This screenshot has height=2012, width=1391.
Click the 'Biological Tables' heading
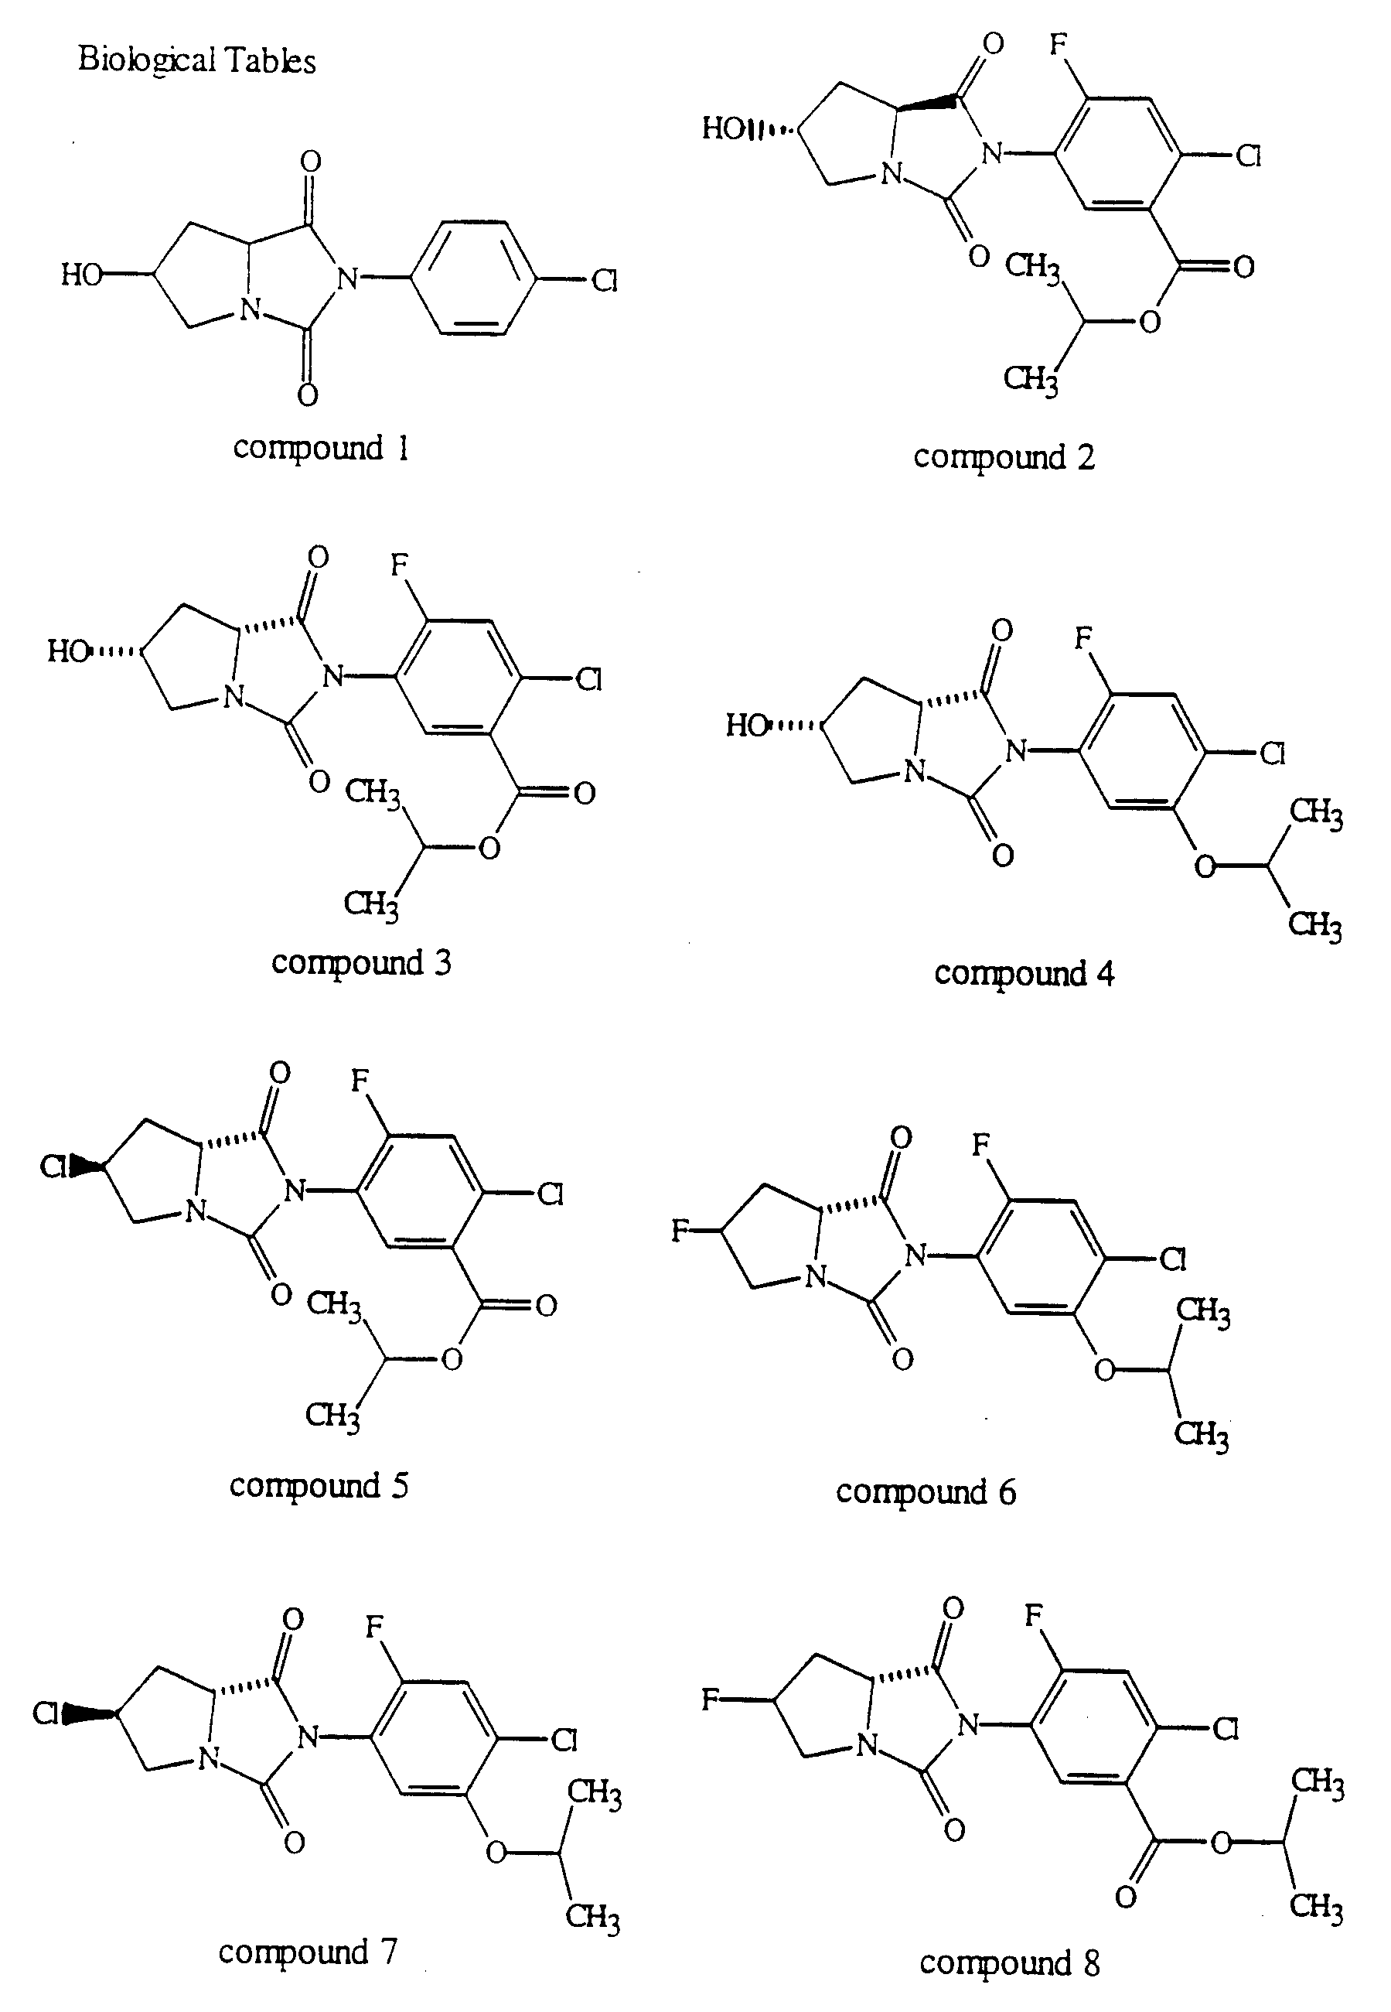pos(197,60)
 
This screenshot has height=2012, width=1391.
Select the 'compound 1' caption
pos(321,448)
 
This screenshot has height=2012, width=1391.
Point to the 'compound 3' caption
pos(362,963)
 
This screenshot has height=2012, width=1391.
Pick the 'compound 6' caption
pos(926,1492)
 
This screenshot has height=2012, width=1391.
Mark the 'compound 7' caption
pos(308,1952)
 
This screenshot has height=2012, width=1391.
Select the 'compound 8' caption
pos(1009,1963)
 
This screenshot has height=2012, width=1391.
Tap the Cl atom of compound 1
pos(605,281)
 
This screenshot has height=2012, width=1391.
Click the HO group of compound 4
pos(748,726)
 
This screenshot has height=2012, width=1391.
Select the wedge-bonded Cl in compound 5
pos(54,1167)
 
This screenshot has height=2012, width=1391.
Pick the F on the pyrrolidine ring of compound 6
pos(680,1231)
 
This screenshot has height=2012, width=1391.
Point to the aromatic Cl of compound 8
pos(1226,1730)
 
